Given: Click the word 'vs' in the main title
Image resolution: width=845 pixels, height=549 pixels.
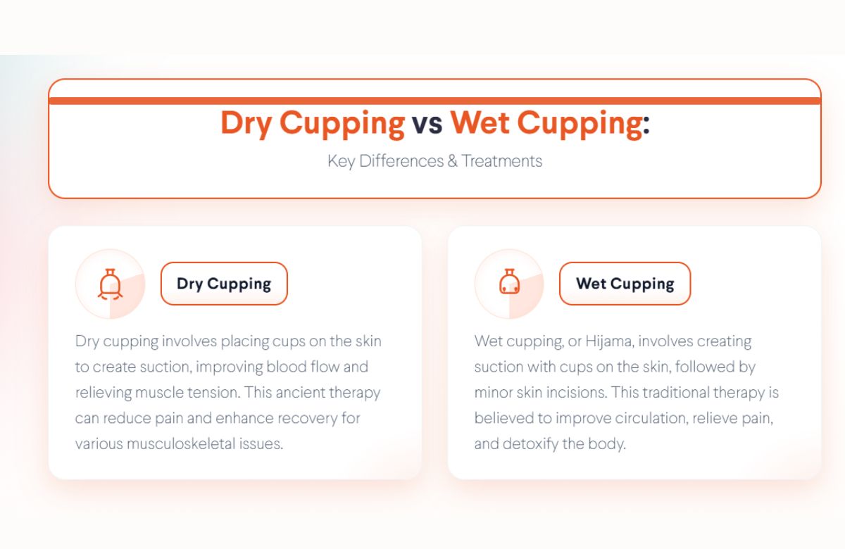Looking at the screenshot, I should [x=427, y=123].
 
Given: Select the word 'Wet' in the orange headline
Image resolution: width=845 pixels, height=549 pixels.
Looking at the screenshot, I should [x=480, y=123].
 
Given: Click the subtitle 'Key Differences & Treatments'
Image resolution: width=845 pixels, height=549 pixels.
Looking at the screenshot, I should [x=434, y=161].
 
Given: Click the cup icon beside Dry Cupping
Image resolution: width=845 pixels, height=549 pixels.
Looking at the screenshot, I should [x=110, y=284].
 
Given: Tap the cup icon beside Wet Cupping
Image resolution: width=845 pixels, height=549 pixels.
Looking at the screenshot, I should [x=509, y=284].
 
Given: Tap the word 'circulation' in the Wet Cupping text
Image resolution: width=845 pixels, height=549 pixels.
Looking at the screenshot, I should [x=648, y=418].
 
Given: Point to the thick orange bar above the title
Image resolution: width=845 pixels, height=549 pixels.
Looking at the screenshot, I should [x=434, y=101].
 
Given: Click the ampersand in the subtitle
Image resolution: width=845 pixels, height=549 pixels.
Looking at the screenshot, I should [x=451, y=161].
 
